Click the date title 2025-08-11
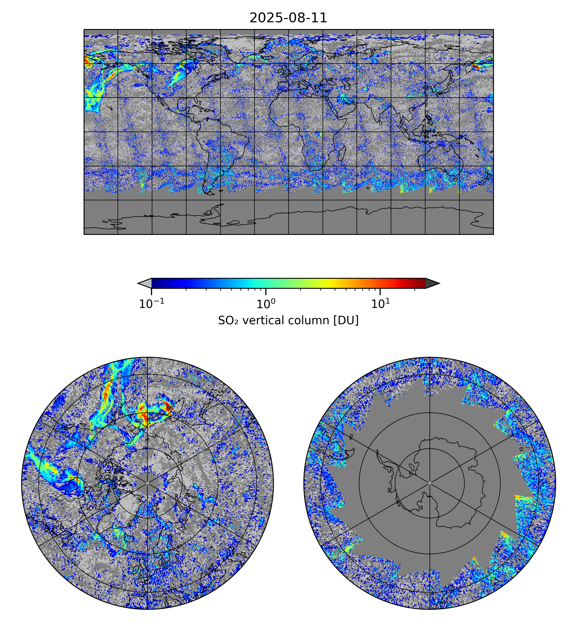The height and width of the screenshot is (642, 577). tap(288, 18)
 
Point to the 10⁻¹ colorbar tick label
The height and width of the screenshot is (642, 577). tap(152, 304)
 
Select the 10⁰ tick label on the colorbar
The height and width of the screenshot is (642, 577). tap(266, 304)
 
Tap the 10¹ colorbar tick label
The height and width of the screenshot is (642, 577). tap(380, 304)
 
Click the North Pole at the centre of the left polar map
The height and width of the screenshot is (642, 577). tap(147, 483)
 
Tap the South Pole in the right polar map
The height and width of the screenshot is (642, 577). tap(430, 483)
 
